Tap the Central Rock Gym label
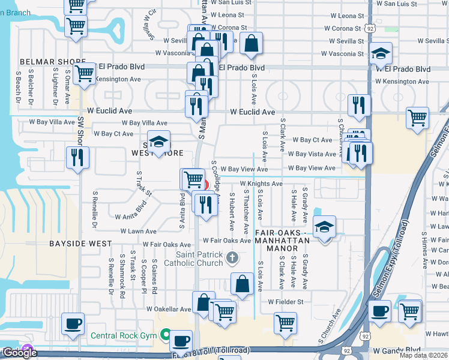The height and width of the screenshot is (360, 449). coord(124,335)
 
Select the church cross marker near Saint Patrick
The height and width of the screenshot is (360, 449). coord(233,258)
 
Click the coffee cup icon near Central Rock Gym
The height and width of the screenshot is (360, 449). coord(181,340)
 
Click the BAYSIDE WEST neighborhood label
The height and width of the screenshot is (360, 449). coord(82,244)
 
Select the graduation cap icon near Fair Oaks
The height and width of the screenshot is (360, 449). coord(324,227)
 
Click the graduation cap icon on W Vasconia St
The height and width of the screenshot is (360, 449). coord(381,54)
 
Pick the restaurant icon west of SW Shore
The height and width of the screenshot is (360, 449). coord(77,157)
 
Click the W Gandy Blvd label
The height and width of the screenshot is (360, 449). coord(397,350)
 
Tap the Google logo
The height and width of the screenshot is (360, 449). coord(19,353)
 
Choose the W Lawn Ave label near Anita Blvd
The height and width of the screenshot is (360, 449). coord(139,231)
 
